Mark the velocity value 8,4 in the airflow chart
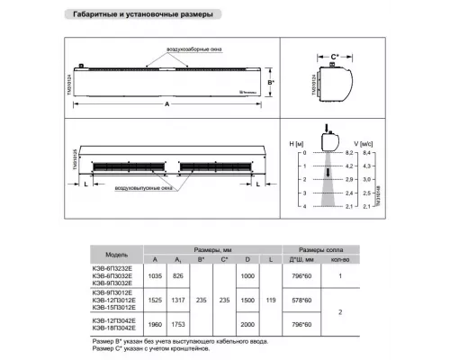[367, 154]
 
